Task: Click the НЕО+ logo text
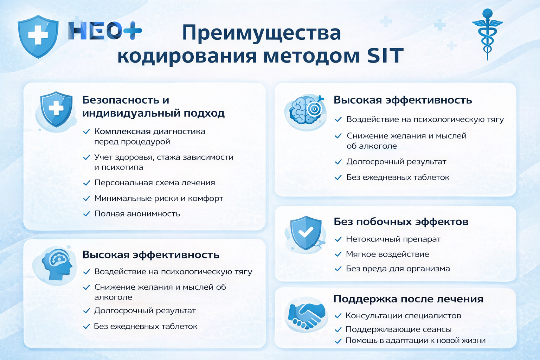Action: (105, 31)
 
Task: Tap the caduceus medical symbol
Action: (487, 33)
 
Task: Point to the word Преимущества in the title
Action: (261, 33)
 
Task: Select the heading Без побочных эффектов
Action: (401, 222)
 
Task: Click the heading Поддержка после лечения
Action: (408, 299)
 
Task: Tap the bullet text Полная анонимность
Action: (137, 214)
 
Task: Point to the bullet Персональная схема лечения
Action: (154, 183)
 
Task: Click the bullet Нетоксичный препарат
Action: (393, 239)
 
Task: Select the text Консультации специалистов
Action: (403, 316)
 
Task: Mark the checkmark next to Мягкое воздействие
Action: (338, 254)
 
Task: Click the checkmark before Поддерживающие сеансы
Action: (338, 330)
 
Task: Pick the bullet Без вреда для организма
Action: (398, 269)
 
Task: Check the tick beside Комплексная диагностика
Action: (86, 132)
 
